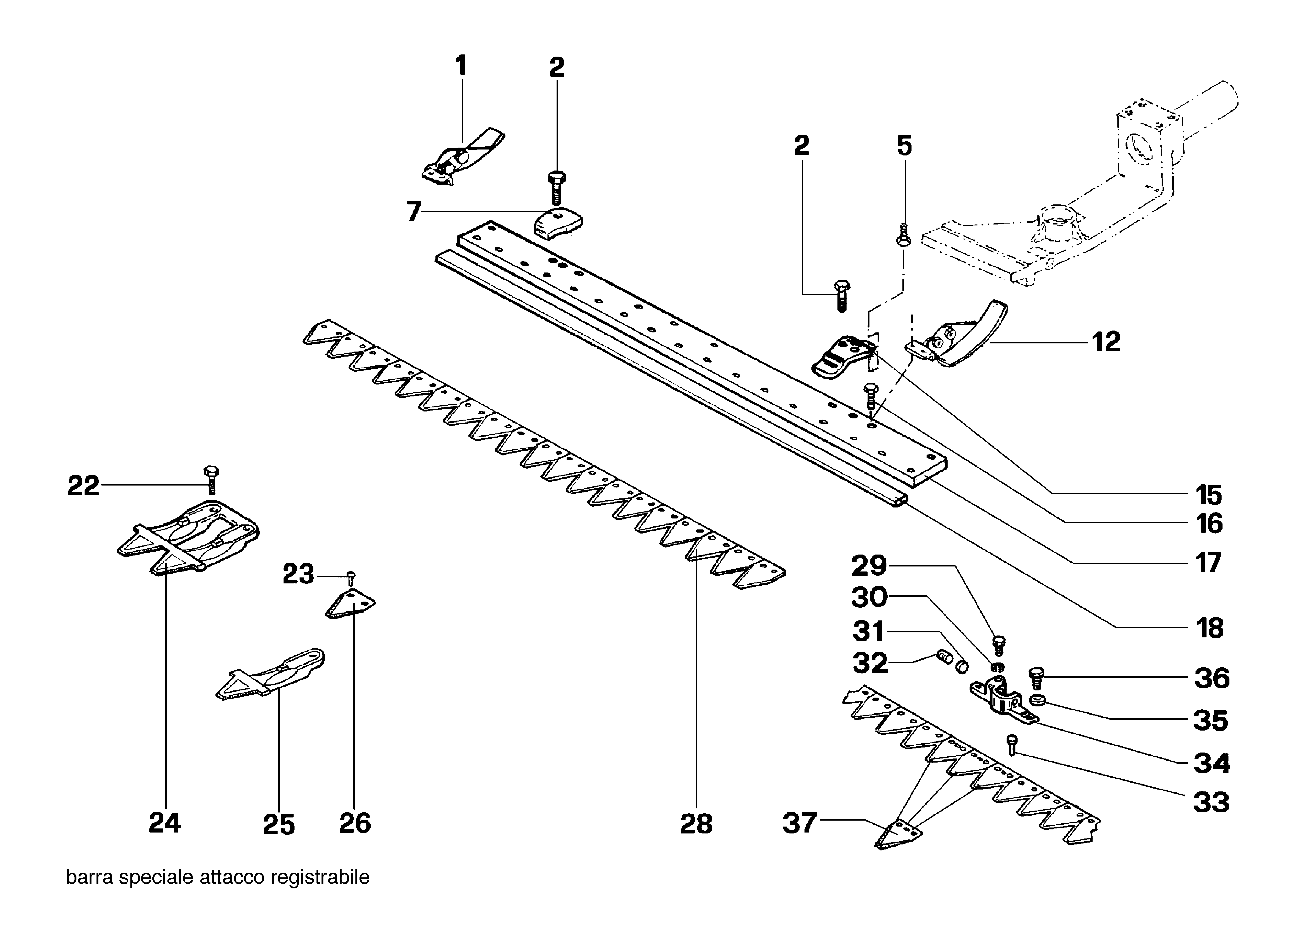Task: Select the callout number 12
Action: tap(1106, 342)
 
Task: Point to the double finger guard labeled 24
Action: tap(189, 535)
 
